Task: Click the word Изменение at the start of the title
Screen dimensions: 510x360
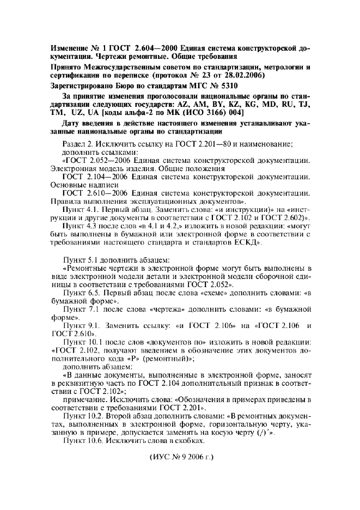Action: (x=71, y=47)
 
